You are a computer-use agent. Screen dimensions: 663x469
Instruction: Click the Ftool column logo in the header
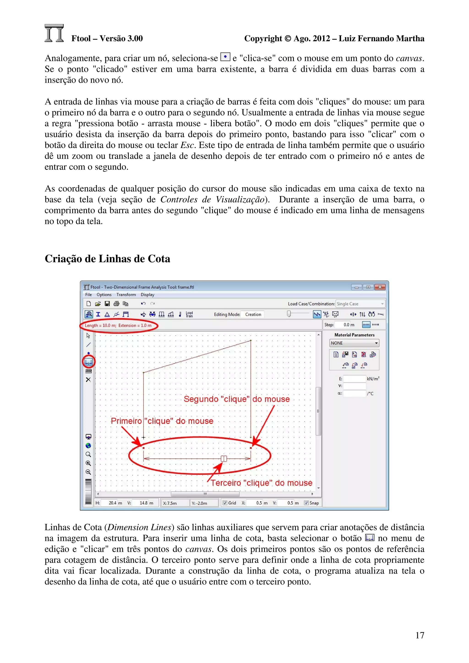pyautogui.click(x=54, y=33)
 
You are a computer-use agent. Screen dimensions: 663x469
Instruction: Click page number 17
pyautogui.click(x=420, y=635)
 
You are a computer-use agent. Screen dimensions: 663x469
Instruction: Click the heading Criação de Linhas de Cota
pyautogui.click(x=107, y=259)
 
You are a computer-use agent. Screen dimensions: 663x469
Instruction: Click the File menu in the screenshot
pyautogui.click(x=88, y=294)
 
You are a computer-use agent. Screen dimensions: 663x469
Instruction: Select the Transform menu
pyautogui.click(x=126, y=294)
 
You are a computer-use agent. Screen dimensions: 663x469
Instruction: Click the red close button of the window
pyautogui.click(x=380, y=287)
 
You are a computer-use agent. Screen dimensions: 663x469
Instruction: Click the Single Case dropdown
pyautogui.click(x=360, y=304)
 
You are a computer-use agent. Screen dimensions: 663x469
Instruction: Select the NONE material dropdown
pyautogui.click(x=354, y=343)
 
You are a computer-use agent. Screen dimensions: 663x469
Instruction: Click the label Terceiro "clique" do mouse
pyautogui.click(x=261, y=483)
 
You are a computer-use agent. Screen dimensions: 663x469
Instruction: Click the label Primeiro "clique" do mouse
pyautogui.click(x=162, y=421)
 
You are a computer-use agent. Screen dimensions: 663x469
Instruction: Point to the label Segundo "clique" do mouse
pyautogui.click(x=237, y=399)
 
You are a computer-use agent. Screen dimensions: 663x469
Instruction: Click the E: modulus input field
pyautogui.click(x=354, y=379)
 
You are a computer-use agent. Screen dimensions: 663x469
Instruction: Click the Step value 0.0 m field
pyautogui.click(x=346, y=325)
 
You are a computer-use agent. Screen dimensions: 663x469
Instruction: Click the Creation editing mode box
pyautogui.click(x=253, y=315)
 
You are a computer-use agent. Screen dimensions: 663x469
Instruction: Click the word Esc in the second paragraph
pyautogui.click(x=187, y=145)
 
